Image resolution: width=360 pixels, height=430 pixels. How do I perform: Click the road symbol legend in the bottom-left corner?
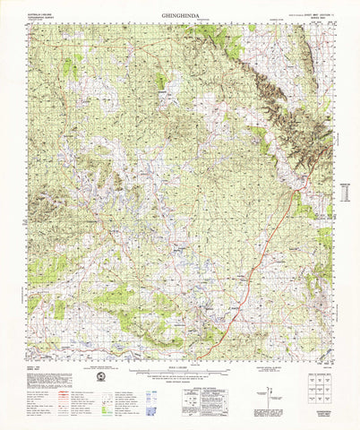(x=49, y=394)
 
